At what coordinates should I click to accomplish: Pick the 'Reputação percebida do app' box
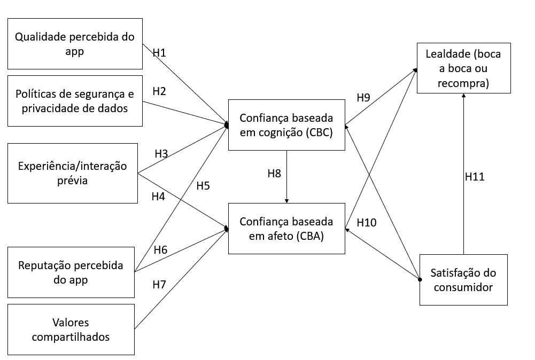click(x=71, y=272)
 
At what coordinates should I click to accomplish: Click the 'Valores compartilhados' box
click(x=71, y=330)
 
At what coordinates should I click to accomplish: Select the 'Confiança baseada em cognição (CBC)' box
click(x=286, y=125)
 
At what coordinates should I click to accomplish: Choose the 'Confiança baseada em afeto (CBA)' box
click(x=286, y=228)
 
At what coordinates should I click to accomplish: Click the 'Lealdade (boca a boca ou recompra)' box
click(x=463, y=69)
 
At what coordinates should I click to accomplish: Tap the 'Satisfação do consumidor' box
click(x=463, y=280)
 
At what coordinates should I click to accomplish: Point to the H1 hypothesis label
click(x=159, y=52)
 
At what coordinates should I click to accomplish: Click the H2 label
click(x=159, y=91)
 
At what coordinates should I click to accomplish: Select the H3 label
click(x=161, y=154)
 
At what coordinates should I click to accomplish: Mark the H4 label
click(x=158, y=197)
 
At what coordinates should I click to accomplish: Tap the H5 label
click(x=203, y=186)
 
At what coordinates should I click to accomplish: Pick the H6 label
click(x=160, y=249)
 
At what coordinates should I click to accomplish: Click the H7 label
click(x=159, y=284)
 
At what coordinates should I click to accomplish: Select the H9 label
click(x=363, y=98)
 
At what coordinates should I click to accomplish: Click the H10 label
click(x=367, y=222)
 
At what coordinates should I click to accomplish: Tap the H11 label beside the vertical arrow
click(x=475, y=177)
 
